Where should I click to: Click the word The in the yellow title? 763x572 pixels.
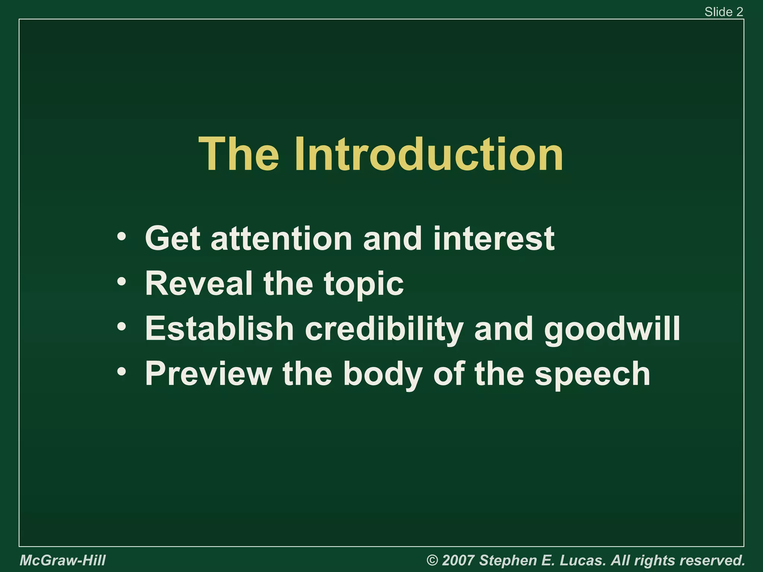(238, 155)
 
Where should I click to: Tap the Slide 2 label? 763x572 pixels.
(724, 12)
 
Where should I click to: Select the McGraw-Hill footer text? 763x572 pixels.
(63, 560)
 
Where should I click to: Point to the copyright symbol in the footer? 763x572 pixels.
(432, 560)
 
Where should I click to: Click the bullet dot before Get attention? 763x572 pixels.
(121, 237)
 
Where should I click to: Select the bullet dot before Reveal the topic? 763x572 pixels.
(121, 282)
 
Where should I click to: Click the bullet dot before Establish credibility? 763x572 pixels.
(121, 327)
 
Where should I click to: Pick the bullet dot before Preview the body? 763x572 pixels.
(121, 372)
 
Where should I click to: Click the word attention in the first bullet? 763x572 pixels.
(281, 238)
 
